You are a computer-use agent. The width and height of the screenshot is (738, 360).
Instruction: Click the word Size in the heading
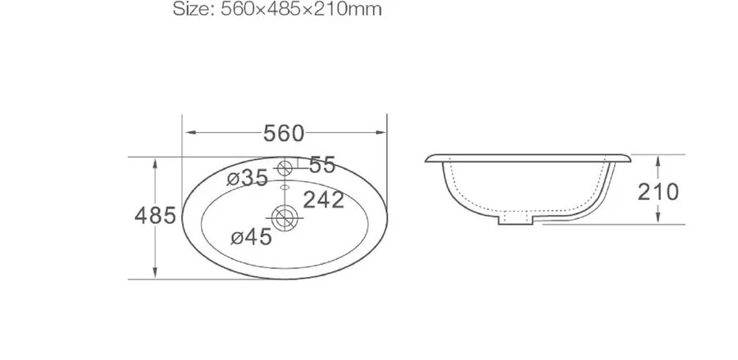(191, 11)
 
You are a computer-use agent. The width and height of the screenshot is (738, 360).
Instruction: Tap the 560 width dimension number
(284, 133)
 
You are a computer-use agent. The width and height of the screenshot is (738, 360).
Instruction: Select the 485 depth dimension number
(155, 216)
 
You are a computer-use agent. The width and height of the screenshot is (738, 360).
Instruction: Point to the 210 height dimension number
(658, 192)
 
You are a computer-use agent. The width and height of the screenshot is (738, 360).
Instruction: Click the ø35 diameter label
(248, 178)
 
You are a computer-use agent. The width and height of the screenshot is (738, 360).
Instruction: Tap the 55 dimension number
(322, 166)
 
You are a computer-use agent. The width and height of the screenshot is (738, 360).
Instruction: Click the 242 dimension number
(324, 199)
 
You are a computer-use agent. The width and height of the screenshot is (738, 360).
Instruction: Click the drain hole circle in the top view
(285, 216)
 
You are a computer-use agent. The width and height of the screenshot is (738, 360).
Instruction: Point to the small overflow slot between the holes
(285, 188)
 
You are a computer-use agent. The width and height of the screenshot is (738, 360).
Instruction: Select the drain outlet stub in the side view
(517, 220)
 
